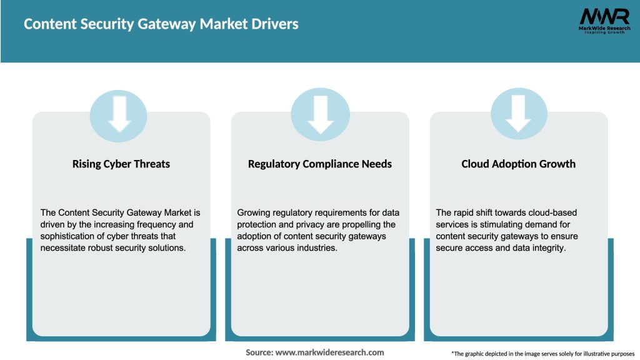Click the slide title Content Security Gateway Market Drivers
pyautogui.click(x=161, y=24)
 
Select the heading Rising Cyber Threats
pyautogui.click(x=121, y=164)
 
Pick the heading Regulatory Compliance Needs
pyautogui.click(x=320, y=164)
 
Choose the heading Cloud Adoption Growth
pyautogui.click(x=518, y=164)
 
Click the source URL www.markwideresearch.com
pyautogui.click(x=330, y=352)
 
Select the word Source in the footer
pyautogui.click(x=258, y=352)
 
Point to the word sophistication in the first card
pyautogui.click(x=69, y=236)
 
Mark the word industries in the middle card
pyautogui.click(x=317, y=247)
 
